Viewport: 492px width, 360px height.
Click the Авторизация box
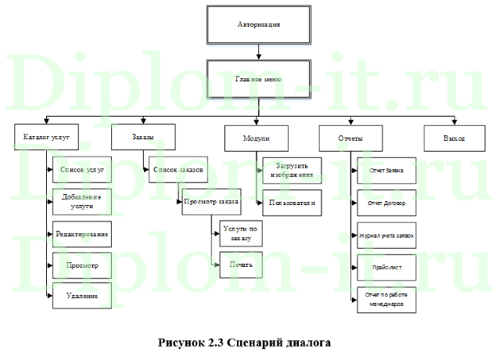[x=258, y=26]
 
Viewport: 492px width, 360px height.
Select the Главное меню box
[x=258, y=80]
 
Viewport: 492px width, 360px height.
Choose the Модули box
[x=257, y=139]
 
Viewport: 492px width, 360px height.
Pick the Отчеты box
[x=350, y=139]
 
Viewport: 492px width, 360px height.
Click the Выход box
[x=454, y=138]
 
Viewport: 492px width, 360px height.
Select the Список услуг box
[x=81, y=170]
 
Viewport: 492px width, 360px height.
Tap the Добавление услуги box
[x=81, y=201]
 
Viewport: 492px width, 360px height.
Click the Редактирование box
[x=81, y=234]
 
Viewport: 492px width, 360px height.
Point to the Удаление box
[x=81, y=296]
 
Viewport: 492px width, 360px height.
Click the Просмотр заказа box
[x=210, y=201]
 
